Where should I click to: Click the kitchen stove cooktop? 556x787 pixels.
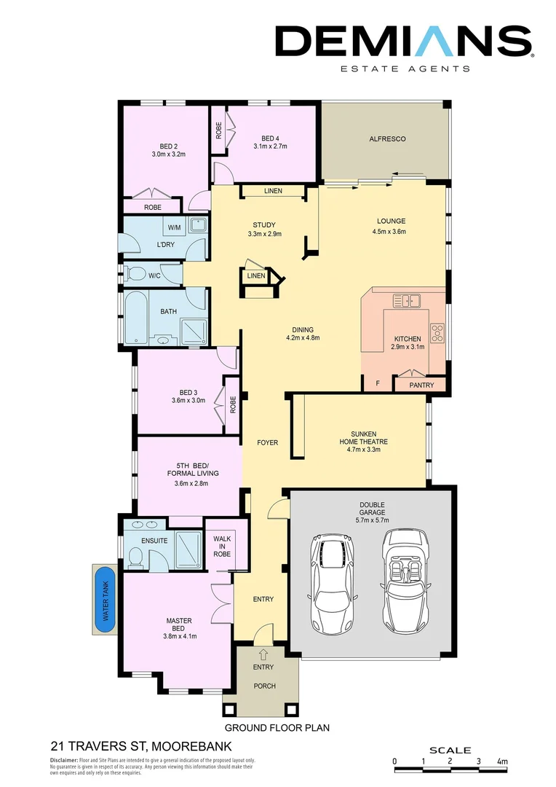click(438, 333)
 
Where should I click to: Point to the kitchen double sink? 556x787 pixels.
click(406, 299)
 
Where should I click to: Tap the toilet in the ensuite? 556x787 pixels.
click(135, 557)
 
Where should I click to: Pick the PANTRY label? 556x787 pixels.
click(421, 385)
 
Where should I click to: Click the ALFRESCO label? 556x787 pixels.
click(387, 138)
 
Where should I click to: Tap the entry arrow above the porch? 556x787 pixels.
click(263, 653)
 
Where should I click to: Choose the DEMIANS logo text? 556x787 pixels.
click(404, 42)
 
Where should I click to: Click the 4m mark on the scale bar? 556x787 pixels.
click(501, 761)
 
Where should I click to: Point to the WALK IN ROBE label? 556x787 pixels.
click(222, 547)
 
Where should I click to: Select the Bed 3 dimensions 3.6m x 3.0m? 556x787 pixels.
click(188, 400)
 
